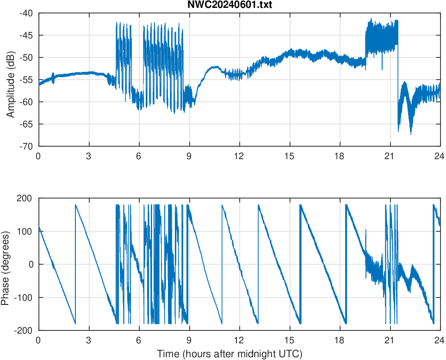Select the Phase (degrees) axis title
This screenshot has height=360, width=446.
pyautogui.click(x=6, y=264)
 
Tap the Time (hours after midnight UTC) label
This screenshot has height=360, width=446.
pyautogui.click(x=229, y=354)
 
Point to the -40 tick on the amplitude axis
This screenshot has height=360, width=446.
pyautogui.click(x=26, y=13)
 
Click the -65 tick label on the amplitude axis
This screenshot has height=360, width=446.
pyautogui.click(x=26, y=124)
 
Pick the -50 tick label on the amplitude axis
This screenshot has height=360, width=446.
pyautogui.click(x=26, y=57)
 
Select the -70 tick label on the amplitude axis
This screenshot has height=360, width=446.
pyautogui.click(x=26, y=146)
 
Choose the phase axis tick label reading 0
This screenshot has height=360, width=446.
pyautogui.click(x=31, y=264)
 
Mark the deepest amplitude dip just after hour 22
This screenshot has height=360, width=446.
pyautogui.click(x=410, y=134)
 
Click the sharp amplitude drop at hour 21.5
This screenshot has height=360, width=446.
pyautogui.click(x=397, y=83)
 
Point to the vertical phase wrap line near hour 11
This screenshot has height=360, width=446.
pyautogui.click(x=222, y=264)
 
